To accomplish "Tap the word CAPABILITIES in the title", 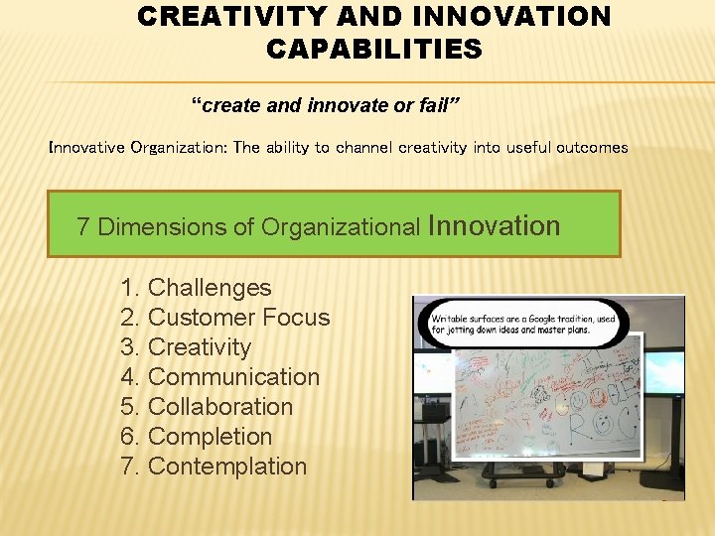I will [x=373, y=49].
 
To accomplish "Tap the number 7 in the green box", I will [x=83, y=227].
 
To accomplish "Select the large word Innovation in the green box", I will [x=494, y=225].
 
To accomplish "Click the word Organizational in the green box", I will [x=341, y=227].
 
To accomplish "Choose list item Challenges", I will [x=209, y=288].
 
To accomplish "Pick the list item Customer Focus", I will [x=238, y=318].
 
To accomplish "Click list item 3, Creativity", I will [x=199, y=347].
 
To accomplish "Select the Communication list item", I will [x=233, y=377].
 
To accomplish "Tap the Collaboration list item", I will [x=219, y=407].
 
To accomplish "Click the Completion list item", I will [x=210, y=437].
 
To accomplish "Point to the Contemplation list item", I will [x=226, y=467].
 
